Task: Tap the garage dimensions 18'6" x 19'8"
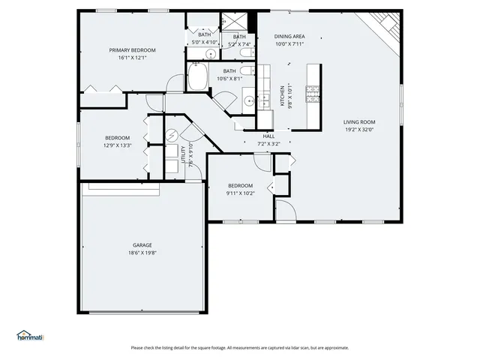coord(142,253)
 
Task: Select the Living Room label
coord(359,122)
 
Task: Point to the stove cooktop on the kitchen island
coord(313,93)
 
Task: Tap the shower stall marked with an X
coord(239,22)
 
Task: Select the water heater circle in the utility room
coord(171,136)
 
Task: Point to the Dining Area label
coord(289,36)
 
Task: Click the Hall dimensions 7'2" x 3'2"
coord(268,143)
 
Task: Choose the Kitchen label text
coord(282,96)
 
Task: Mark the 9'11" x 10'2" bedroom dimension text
coord(241,193)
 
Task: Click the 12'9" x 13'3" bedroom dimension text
coord(118,145)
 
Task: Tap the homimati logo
coord(30,335)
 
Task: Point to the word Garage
coord(142,245)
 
